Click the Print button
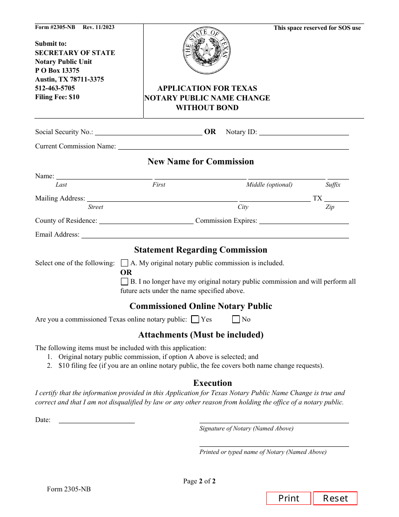pos(289,498)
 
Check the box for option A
pos(124,263)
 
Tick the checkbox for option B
pos(124,282)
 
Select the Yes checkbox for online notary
pos(195,319)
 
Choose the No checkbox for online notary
pos(236,319)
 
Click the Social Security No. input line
pos(149,132)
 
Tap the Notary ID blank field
pos(304,132)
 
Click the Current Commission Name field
pos(233,146)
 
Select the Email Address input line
pos(215,235)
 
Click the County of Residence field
pos(146,221)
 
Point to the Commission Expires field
pos(304,221)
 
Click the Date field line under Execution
pos(97,419)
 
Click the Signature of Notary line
pos(274,419)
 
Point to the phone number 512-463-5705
pos(55,88)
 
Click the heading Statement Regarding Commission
pos(201,250)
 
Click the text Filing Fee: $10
pos(57,97)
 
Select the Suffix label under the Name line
pos(333,185)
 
